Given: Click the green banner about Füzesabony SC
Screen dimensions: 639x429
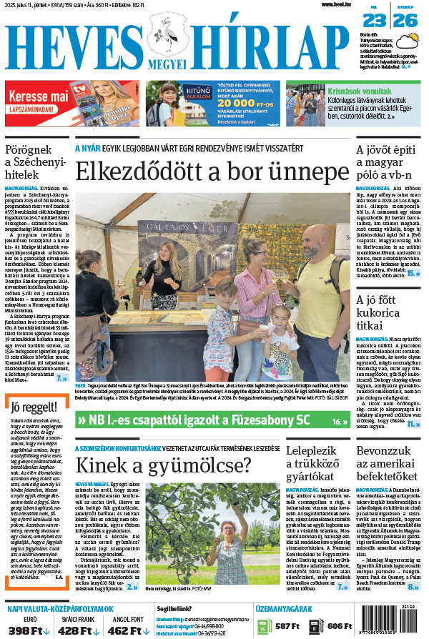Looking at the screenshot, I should click(x=212, y=420).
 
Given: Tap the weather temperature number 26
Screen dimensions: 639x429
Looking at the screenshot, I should click(x=405, y=21).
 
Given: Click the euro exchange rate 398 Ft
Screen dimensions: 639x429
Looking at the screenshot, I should click(x=27, y=630).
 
